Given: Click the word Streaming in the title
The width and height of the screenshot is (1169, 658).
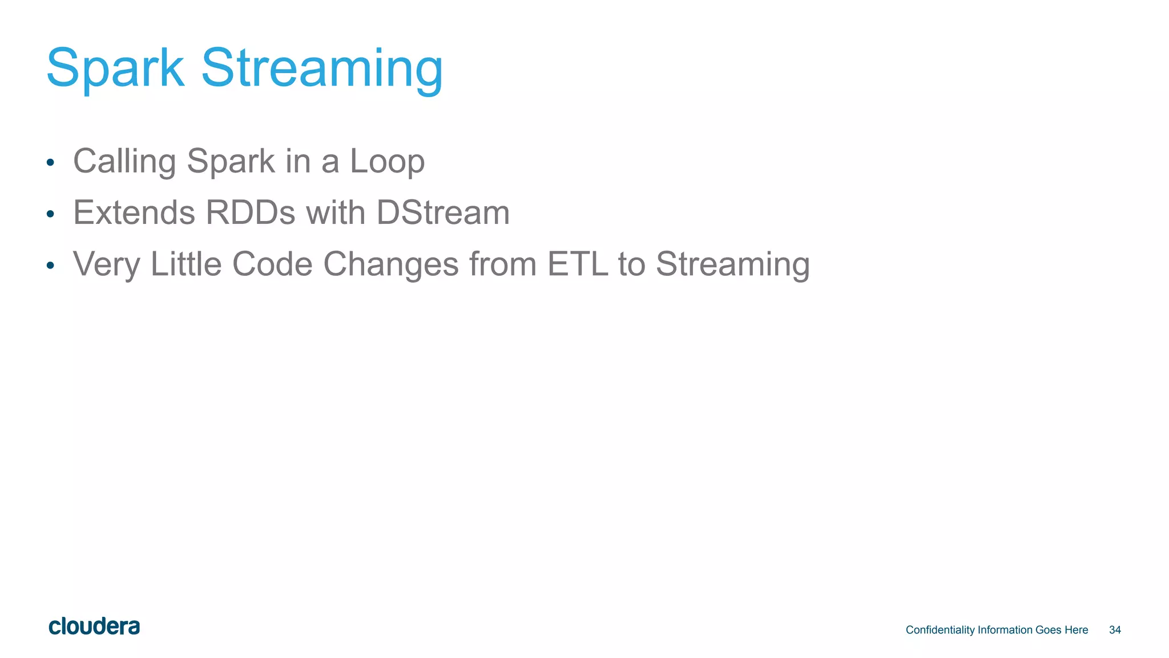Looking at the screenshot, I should [x=322, y=70].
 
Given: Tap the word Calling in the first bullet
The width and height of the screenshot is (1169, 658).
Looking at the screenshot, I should [x=124, y=162].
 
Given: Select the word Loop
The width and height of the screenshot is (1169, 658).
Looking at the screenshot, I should [x=387, y=162].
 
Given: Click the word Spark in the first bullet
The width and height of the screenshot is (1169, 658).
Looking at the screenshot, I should [x=231, y=162].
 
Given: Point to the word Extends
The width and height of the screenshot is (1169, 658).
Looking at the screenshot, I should [x=134, y=212].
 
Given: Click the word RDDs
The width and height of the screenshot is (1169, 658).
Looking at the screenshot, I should [x=250, y=212].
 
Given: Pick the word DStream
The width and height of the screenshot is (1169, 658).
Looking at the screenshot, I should [x=443, y=212].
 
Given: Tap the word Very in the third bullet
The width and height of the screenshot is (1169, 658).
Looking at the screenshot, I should [x=106, y=264].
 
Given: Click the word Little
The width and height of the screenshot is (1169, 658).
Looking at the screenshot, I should [x=186, y=264].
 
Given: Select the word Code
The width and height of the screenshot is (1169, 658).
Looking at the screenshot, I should [x=272, y=264].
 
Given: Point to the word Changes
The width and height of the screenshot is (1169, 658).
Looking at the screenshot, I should [x=391, y=264].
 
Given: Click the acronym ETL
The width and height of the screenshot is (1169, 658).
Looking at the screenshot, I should [x=577, y=264].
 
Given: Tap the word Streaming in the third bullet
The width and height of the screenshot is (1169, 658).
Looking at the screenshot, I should [x=732, y=264].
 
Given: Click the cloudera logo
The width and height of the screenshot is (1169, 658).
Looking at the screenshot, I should [x=94, y=627].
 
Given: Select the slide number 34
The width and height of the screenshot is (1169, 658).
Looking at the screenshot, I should [x=1115, y=630].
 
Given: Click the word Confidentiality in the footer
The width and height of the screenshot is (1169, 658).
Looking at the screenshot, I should [x=940, y=630].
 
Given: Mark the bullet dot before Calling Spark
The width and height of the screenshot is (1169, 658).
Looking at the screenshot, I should [x=50, y=163].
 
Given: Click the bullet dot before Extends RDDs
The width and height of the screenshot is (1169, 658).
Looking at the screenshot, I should [x=50, y=214].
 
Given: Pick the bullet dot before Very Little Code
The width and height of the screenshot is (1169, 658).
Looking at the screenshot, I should [x=50, y=266].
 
